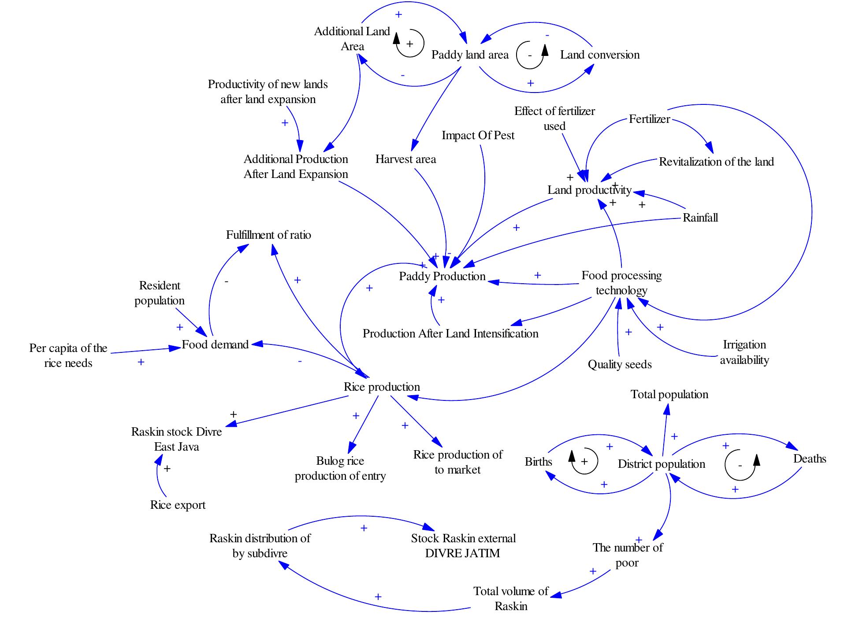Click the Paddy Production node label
coord(442,277)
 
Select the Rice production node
coord(382,387)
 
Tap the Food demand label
coord(215,344)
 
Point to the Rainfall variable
coord(700,218)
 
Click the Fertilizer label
coord(649,119)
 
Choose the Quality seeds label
coord(619,365)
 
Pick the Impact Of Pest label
coord(478,136)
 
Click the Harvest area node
coord(405,159)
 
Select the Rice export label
coord(178,505)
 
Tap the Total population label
coord(669,395)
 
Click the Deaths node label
coord(809,459)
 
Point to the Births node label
coord(538,462)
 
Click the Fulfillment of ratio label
coord(268,235)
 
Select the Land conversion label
coord(599,55)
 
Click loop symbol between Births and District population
coord(584,462)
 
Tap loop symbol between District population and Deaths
coord(740,465)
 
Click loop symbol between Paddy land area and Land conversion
coord(531,55)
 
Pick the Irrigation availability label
coord(744,352)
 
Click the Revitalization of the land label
coord(716,162)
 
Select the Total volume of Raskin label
coord(511,599)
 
